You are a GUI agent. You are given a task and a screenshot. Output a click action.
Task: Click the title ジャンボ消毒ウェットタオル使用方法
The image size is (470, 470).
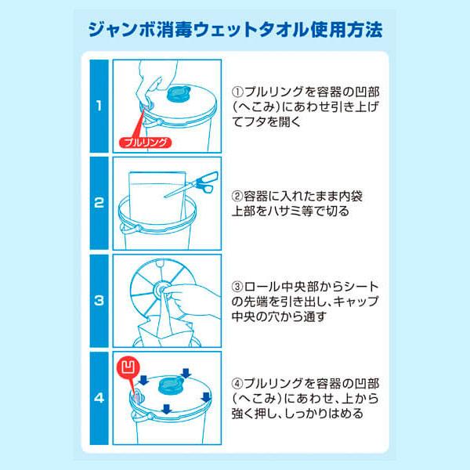[x=235, y=30]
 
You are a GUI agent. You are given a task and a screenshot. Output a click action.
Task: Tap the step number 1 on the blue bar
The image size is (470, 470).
[x=99, y=106]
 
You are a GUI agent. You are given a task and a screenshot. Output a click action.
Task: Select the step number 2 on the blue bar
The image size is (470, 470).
[x=99, y=203]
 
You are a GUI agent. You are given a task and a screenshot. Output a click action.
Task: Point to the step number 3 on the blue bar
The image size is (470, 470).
[x=99, y=300]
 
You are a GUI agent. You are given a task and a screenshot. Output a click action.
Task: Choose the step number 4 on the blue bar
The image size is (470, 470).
[x=99, y=398]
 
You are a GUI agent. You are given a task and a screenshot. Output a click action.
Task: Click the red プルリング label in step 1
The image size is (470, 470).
[x=146, y=143]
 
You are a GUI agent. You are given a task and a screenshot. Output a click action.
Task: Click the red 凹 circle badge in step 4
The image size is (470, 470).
[x=130, y=367]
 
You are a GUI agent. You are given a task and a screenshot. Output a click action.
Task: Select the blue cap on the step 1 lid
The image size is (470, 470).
[x=179, y=94]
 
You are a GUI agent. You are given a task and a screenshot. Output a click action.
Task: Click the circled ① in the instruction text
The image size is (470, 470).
[x=237, y=92]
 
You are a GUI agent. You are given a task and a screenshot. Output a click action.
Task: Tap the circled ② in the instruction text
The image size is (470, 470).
[x=237, y=197]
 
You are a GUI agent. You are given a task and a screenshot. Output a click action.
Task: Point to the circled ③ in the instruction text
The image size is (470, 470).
[x=237, y=287]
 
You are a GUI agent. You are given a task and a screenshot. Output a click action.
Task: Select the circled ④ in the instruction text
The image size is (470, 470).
[x=237, y=384]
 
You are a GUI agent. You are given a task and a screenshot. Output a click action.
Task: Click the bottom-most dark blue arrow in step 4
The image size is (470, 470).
[x=166, y=409]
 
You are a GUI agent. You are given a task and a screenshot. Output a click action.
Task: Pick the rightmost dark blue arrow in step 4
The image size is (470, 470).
[x=206, y=397]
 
